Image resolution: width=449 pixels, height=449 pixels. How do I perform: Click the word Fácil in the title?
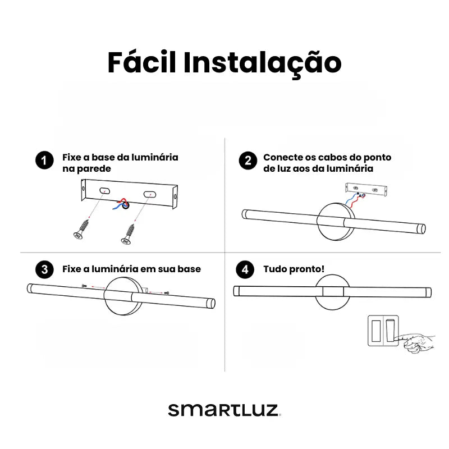141,62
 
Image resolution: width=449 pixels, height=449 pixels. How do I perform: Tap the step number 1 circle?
44,160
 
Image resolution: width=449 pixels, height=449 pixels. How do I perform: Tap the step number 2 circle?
248,161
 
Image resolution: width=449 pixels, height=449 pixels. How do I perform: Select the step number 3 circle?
44,269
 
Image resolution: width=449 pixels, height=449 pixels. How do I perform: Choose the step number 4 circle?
245,269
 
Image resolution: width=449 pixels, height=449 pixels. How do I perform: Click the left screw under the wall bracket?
81,229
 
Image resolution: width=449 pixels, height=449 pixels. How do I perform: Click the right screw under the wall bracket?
128,234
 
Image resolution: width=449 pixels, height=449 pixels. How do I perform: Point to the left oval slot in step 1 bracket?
104,190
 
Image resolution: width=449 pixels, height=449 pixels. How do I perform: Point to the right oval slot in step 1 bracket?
149,194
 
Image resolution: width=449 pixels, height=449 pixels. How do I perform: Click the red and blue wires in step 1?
121,204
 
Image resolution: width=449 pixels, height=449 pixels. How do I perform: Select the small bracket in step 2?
366,189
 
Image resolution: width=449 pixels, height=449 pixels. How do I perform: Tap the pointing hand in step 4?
416,343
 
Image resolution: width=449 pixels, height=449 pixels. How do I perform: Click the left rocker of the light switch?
375,331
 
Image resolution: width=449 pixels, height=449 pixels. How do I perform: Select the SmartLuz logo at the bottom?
224,410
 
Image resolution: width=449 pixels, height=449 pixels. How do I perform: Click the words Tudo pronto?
294,269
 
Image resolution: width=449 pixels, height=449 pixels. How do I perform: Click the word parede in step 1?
94,169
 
